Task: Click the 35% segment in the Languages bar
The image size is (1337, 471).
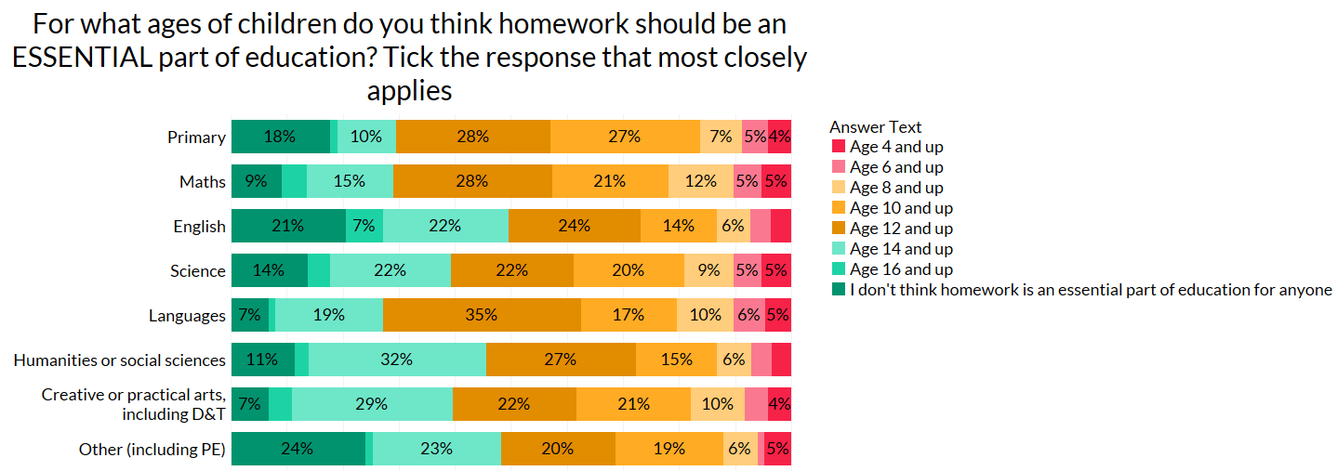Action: click(x=482, y=315)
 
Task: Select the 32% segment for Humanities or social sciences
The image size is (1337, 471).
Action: click(x=397, y=360)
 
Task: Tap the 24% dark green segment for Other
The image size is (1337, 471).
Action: click(x=298, y=449)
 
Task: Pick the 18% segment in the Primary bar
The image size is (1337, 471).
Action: click(x=280, y=137)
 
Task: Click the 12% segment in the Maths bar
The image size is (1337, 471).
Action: click(x=700, y=181)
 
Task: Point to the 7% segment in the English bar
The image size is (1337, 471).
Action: click(x=364, y=226)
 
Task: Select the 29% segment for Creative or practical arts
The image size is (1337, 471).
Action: click(x=372, y=404)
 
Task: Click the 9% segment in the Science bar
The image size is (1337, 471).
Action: click(x=708, y=270)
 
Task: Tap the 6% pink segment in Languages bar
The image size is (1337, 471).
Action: click(x=749, y=315)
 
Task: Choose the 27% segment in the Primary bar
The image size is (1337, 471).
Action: click(x=625, y=137)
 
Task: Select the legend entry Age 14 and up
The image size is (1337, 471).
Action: click(x=901, y=249)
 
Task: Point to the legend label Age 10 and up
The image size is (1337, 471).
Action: click(x=901, y=208)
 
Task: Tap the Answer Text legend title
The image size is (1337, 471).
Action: click(x=875, y=127)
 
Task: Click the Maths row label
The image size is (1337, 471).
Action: click(x=203, y=181)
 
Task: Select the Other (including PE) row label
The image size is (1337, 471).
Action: click(x=152, y=450)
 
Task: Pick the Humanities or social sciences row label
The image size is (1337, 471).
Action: click(x=119, y=360)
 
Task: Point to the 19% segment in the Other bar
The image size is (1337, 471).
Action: click(x=669, y=449)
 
